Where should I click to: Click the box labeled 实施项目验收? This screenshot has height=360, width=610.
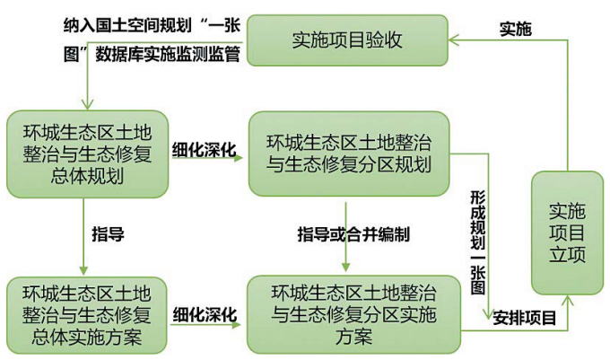click(347, 40)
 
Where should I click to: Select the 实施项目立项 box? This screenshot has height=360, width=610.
click(567, 233)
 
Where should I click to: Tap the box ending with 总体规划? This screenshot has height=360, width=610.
click(88, 154)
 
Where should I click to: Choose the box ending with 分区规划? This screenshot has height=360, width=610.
click(349, 154)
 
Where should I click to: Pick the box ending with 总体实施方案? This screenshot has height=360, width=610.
click(87, 315)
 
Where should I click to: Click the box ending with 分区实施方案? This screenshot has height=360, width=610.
click(353, 314)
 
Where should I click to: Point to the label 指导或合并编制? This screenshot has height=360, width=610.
click(353, 234)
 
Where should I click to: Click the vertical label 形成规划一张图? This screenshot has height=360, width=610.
click(478, 242)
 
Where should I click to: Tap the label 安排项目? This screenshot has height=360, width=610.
click(525, 318)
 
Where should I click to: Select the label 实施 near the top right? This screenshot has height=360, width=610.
click(516, 30)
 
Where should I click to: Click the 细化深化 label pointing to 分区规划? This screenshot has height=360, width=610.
click(205, 150)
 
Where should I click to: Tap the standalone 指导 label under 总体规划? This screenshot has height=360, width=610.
click(108, 234)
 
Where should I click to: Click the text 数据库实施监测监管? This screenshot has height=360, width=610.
click(167, 54)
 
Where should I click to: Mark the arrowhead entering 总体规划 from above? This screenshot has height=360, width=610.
click(87, 104)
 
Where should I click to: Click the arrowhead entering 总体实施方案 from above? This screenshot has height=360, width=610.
click(83, 270)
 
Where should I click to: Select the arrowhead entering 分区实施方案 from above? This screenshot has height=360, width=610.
click(346, 267)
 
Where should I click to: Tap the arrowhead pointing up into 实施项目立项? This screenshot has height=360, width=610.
click(567, 301)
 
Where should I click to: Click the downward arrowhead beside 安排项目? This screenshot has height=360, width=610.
click(488, 314)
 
